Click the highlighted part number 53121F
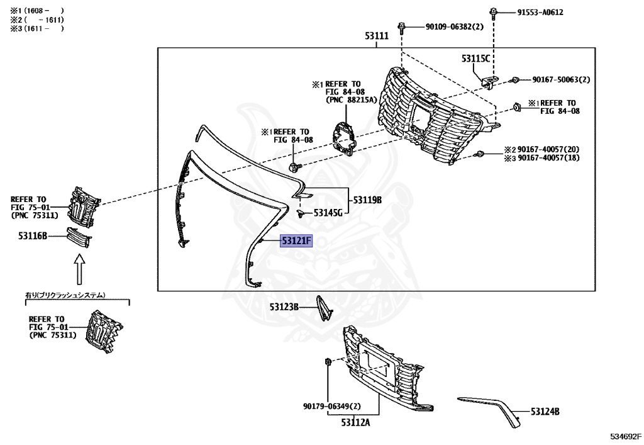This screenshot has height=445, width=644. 296,241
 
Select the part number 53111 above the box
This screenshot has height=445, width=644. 377,37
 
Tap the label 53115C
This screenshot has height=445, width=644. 475,59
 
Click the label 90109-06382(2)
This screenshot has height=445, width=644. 454,26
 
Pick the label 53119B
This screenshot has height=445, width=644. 368,200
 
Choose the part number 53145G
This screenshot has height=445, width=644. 328,213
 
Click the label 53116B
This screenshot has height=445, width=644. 33,236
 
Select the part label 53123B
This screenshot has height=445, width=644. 284,307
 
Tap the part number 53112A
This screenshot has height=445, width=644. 355,422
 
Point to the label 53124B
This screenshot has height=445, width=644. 545,412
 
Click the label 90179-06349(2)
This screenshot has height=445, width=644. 331,406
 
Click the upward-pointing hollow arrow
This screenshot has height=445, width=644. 79,269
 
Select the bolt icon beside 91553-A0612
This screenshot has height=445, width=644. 494,11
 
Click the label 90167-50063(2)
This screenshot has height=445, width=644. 561,80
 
